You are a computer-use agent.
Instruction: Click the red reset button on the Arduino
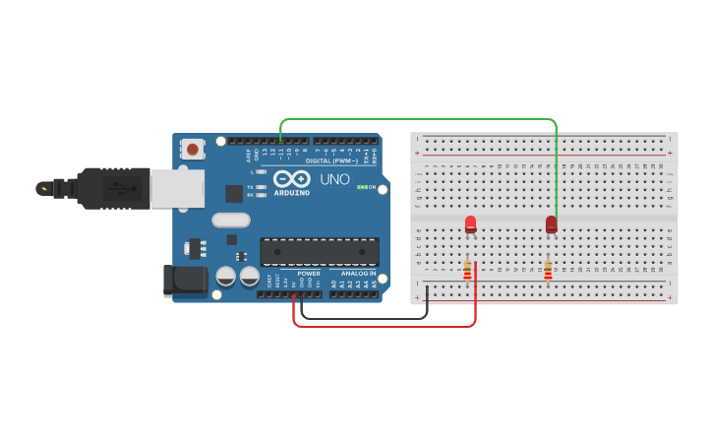[x=192, y=150]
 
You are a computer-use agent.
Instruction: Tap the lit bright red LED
[x=470, y=224]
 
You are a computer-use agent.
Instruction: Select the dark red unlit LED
[x=551, y=224]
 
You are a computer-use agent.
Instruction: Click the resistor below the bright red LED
[x=467, y=270]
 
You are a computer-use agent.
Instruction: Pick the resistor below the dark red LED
[x=548, y=270]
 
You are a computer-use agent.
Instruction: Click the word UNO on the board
[x=334, y=179]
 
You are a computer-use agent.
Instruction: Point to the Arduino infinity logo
[x=292, y=179]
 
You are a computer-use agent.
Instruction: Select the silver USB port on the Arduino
[x=177, y=188]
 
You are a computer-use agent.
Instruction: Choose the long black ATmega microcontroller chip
[x=319, y=251]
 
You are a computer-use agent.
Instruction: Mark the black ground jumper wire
[x=364, y=318]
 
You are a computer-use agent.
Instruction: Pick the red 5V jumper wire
[x=384, y=326]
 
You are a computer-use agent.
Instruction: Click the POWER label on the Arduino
[x=309, y=274]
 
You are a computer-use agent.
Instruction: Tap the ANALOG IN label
[x=359, y=274]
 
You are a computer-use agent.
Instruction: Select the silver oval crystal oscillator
[x=231, y=221]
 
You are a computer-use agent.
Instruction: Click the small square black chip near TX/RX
[x=234, y=194]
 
